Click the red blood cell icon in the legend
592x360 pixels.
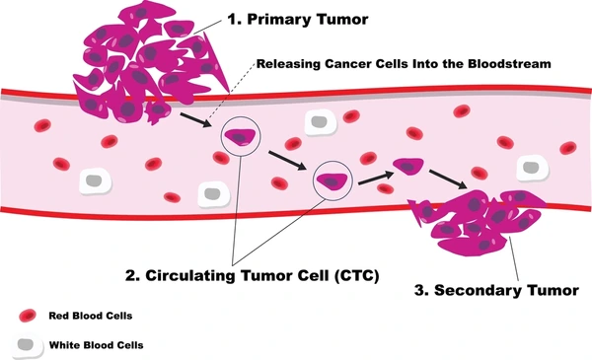pyautogui.click(x=27, y=316)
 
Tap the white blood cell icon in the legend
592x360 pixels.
pyautogui.click(x=27, y=344)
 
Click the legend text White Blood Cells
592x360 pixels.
pyautogui.click(x=92, y=345)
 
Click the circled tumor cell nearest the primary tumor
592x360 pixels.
pyautogui.click(x=241, y=138)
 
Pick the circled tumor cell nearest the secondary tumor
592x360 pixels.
pyautogui.click(x=332, y=180)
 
